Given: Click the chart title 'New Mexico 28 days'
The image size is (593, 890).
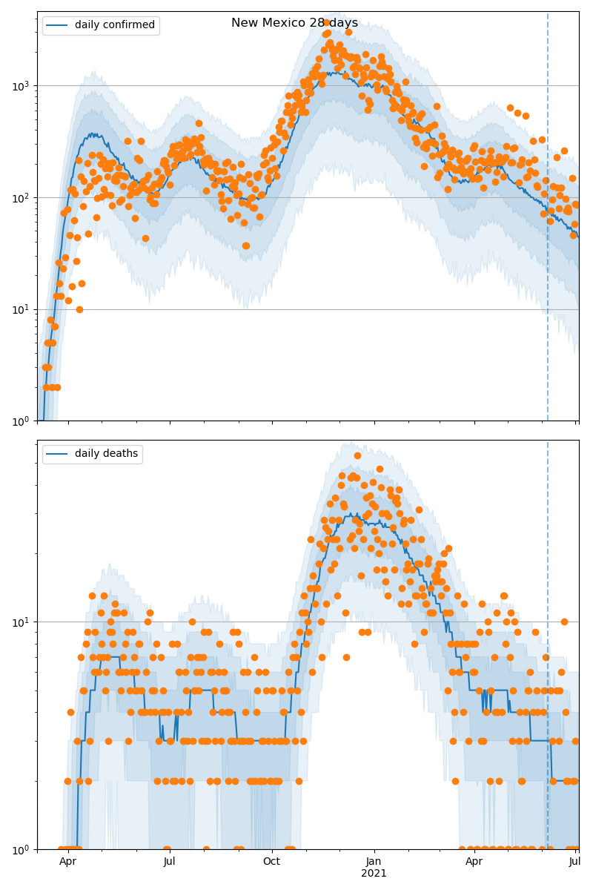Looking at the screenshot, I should [x=294, y=23].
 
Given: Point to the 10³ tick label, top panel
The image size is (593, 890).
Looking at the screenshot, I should [x=21, y=86].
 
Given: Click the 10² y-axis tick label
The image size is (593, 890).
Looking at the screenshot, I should [x=21, y=198].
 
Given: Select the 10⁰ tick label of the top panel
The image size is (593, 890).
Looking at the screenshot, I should [x=21, y=421].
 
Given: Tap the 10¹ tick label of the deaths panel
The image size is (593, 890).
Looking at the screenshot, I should [x=21, y=622].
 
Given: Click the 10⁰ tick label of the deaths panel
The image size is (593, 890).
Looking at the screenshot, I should [x=21, y=849].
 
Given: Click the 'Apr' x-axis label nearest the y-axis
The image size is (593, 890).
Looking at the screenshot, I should [x=67, y=862].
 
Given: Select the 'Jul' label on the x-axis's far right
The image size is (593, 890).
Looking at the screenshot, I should [x=575, y=862].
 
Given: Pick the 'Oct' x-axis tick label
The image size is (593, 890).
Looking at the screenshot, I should [x=271, y=862].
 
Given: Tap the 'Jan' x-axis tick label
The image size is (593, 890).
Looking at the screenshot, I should [x=374, y=862].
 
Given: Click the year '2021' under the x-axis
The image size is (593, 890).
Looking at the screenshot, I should [x=374, y=874].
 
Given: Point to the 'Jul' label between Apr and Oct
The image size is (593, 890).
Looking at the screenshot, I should [x=169, y=862].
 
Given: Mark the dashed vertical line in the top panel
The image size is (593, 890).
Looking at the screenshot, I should [x=548, y=222].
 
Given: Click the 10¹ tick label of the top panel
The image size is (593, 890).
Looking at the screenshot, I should [x=21, y=309].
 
